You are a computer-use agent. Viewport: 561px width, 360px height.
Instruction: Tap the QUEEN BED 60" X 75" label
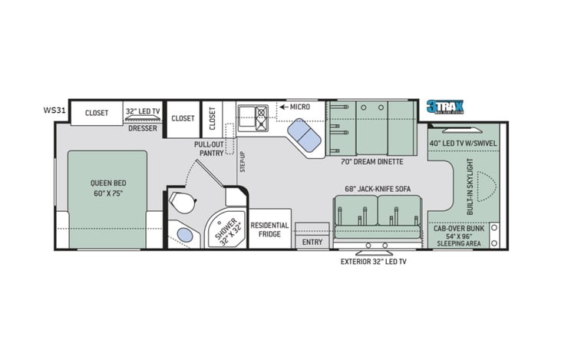pos(107,188)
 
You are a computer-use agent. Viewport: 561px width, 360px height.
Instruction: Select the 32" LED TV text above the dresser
pos(143,111)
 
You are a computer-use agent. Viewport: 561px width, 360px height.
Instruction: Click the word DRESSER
pos(143,128)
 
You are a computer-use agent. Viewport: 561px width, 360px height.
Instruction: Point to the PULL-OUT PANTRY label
pos(208,148)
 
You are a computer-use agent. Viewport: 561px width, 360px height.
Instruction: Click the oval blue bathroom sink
pos(184,233)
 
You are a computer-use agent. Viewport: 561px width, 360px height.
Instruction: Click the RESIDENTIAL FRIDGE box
pos(270,229)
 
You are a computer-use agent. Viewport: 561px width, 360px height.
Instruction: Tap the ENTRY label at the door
pos(312,243)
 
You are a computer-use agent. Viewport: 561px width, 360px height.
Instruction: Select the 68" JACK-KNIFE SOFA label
pos(377,188)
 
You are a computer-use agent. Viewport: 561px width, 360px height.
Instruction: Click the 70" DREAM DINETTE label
pos(371,162)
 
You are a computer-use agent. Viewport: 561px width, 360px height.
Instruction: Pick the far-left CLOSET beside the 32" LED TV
pos(97,113)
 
